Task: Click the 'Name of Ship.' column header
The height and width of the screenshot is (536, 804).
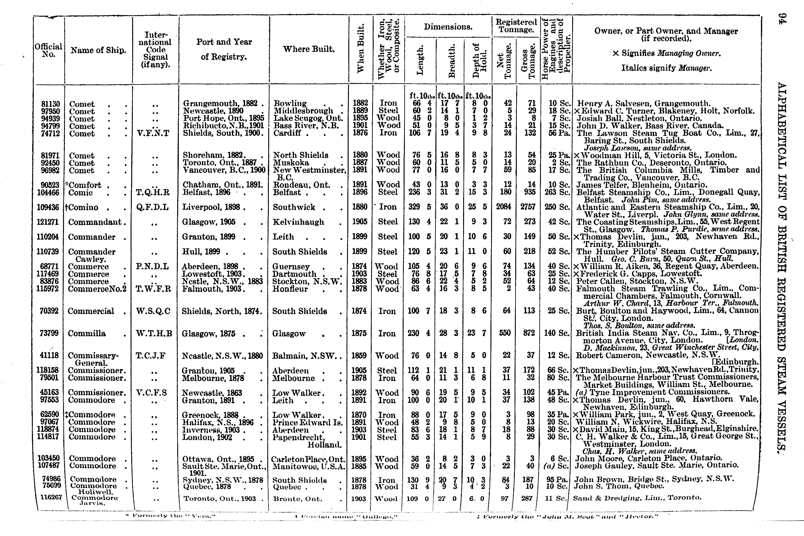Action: tap(98, 50)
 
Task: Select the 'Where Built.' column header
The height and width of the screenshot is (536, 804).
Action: tap(309, 49)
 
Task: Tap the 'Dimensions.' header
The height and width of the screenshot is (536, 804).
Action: tap(448, 27)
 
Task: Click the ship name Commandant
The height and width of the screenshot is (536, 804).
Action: tap(95, 222)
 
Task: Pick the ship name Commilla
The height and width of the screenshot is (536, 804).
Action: tap(87, 333)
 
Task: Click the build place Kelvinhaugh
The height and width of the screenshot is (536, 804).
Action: tap(298, 222)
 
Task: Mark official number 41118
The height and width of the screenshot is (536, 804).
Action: tap(49, 356)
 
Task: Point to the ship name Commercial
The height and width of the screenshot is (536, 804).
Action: tap(91, 311)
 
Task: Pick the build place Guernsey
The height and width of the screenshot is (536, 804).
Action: tap(291, 267)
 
